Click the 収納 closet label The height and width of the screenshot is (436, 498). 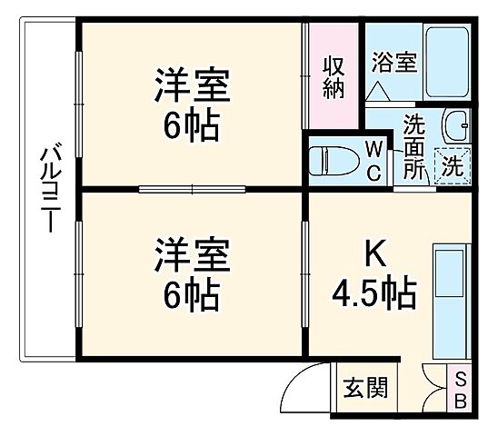coord(333,77)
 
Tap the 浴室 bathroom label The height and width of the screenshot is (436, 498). coord(393,63)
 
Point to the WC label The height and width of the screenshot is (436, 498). coord(373,160)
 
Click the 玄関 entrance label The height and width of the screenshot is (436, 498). coord(364,389)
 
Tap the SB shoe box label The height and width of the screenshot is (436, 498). coord(460,390)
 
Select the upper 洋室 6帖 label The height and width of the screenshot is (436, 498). coord(191,105)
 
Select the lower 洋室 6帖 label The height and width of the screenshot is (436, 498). coord(191,273)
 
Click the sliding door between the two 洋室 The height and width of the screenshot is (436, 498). coord(192,189)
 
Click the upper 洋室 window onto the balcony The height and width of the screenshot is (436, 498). coord(80,104)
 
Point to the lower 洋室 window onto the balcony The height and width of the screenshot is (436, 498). coord(80,272)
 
